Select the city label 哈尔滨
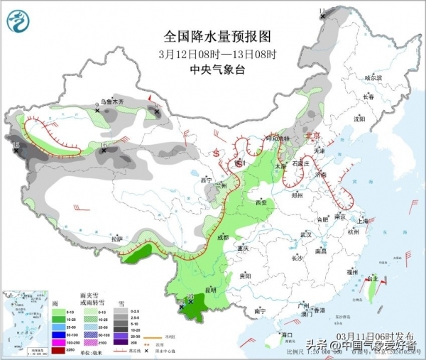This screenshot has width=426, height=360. coord(373,77)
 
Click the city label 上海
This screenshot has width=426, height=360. coord(363,221)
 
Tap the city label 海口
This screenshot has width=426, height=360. coord(287,334)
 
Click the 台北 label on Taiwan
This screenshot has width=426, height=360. coord(371,280)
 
